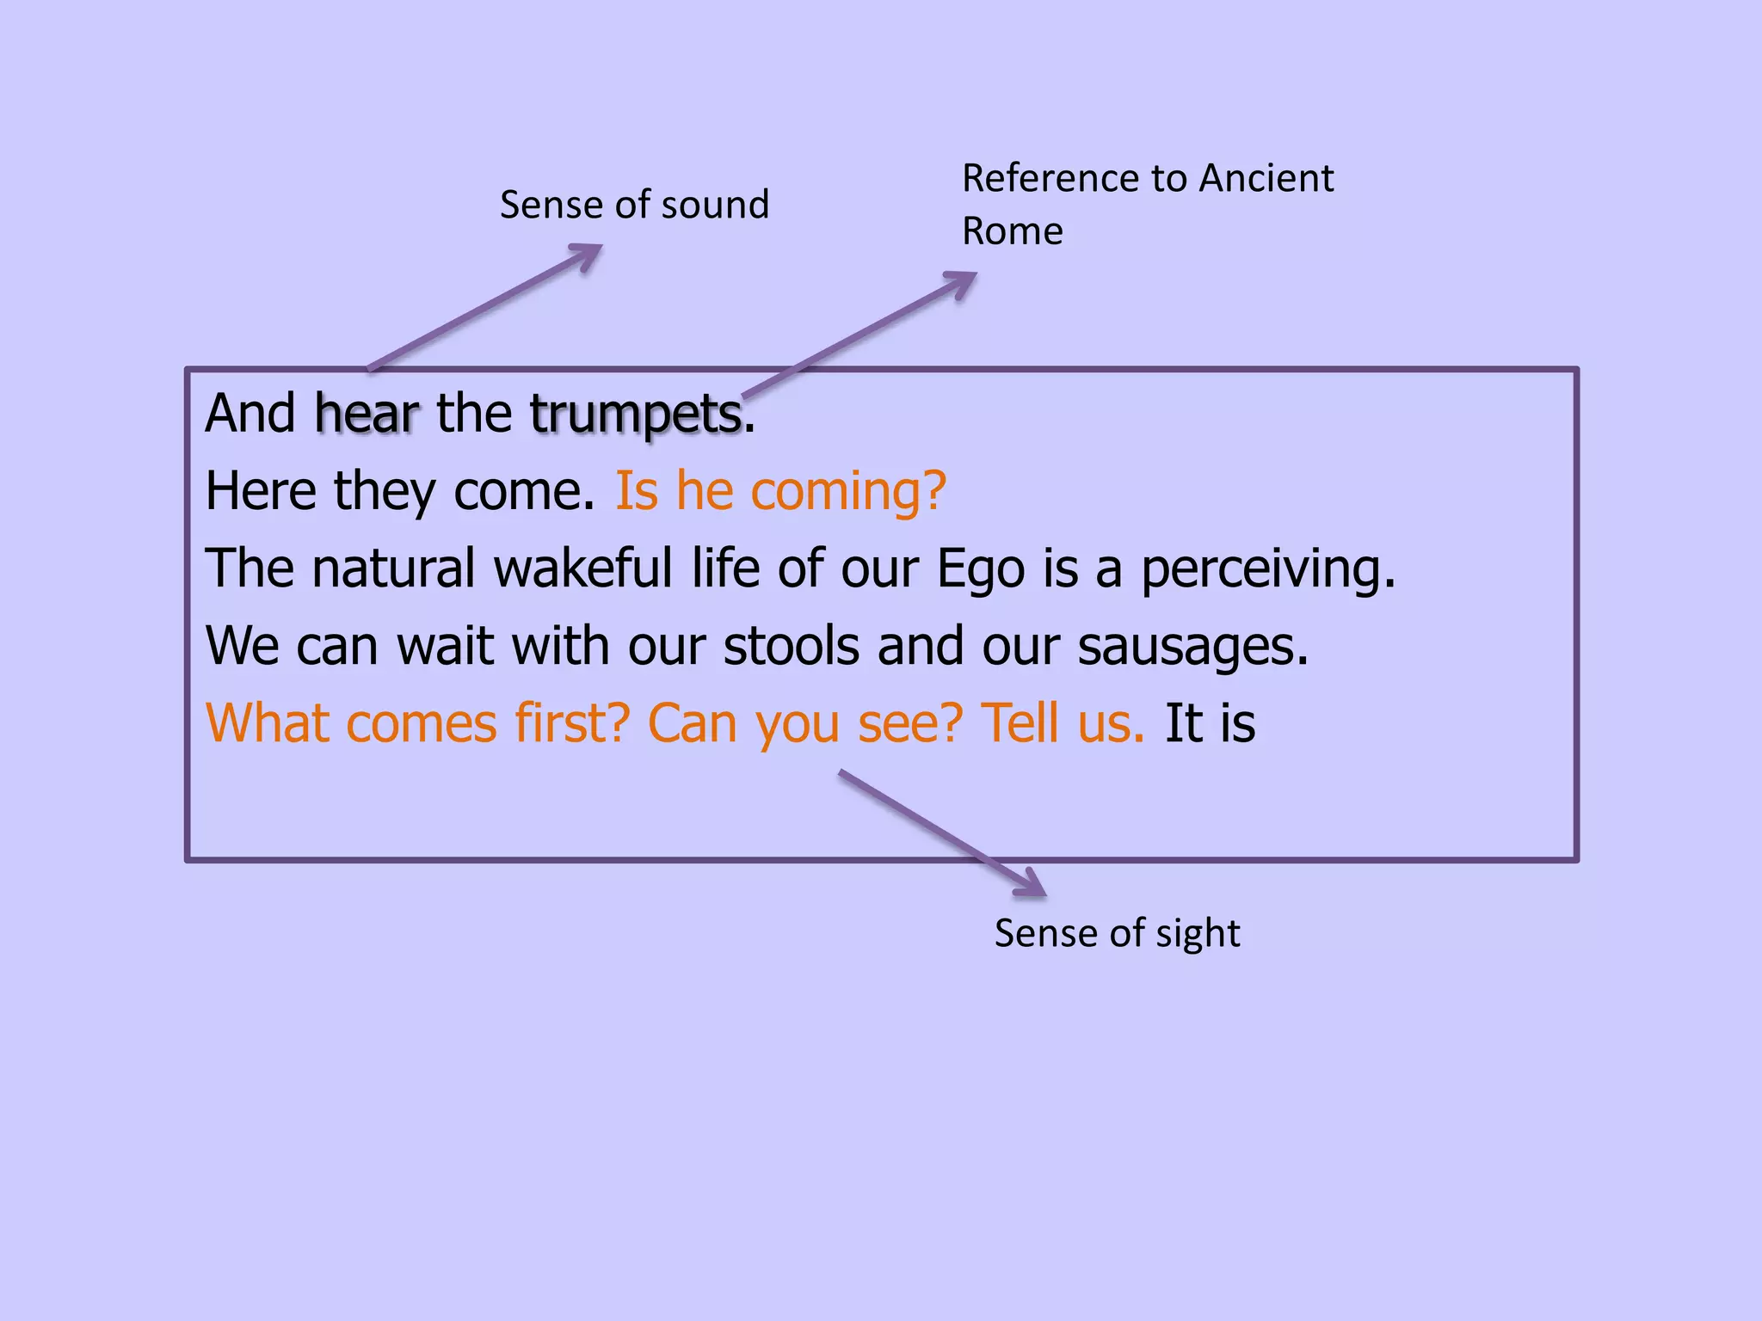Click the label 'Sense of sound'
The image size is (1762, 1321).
point(634,206)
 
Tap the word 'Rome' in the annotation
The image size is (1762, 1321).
point(1012,231)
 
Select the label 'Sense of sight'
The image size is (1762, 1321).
point(1117,933)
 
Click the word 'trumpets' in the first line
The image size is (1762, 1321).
point(636,415)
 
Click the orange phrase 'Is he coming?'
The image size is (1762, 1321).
point(780,491)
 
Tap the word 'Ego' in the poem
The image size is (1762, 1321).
point(980,569)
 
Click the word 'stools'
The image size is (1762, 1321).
point(791,647)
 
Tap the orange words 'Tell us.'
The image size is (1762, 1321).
point(1063,723)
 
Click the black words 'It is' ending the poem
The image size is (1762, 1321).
point(1210,723)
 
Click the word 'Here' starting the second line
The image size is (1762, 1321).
point(260,491)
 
